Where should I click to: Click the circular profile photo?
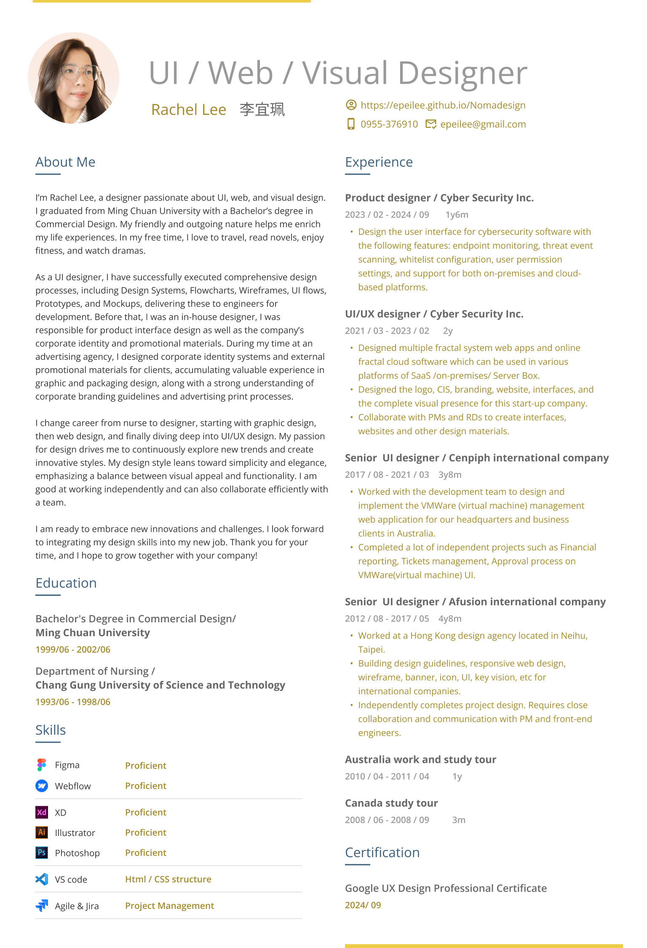coord(74,78)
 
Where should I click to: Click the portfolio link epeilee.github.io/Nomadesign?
coord(443,105)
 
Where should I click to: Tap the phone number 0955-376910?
coord(389,125)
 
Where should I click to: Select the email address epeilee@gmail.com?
coord(483,125)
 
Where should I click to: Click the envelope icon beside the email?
coord(430,124)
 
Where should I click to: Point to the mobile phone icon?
coord(350,124)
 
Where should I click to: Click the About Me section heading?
coord(65,162)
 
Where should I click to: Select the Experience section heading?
coord(379,162)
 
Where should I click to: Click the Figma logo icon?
coord(42,765)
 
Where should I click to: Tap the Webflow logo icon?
coord(42,786)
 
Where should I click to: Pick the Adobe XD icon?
coord(42,813)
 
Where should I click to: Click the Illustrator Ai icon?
coord(42,832)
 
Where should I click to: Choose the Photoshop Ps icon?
coord(42,852)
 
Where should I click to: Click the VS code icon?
coord(42,879)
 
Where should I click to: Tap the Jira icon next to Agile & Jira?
coord(42,906)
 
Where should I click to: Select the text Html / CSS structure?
coord(168,879)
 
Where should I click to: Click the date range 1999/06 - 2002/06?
coord(73,650)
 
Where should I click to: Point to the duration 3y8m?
coord(450,475)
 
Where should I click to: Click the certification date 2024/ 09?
coord(363,906)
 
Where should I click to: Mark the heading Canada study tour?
coord(391,803)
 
